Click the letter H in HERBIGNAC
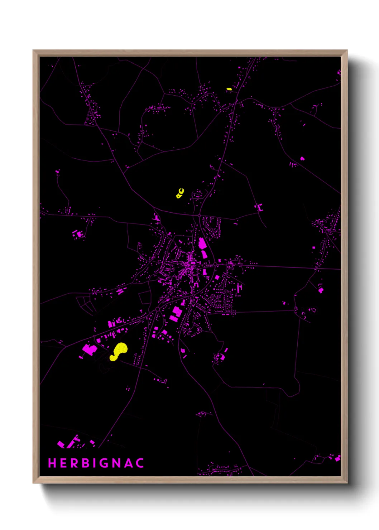click(52, 463)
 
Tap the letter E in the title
click(63, 463)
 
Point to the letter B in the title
click(86, 463)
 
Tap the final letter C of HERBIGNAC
click(140, 463)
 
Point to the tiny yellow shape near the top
click(229, 89)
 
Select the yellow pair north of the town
click(180, 193)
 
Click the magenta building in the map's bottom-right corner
click(337, 458)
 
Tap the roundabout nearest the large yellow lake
click(158, 309)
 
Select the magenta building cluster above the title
click(73, 442)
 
